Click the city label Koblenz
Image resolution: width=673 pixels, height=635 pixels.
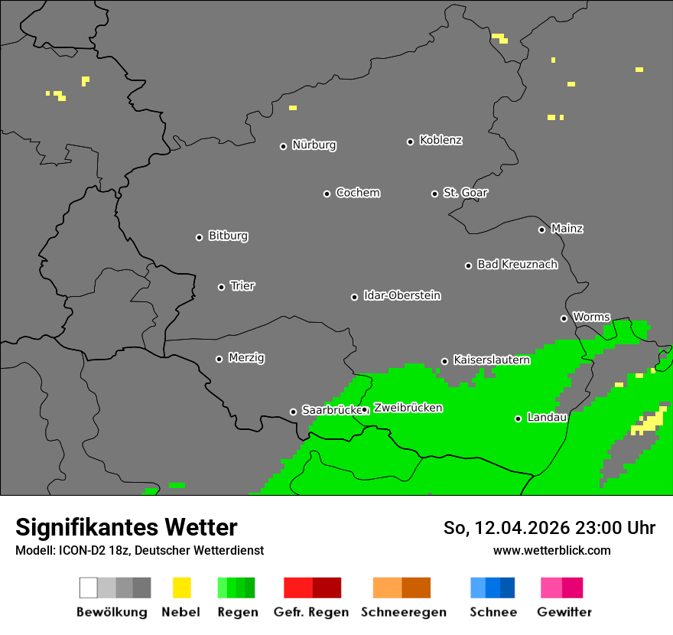tap(441, 140)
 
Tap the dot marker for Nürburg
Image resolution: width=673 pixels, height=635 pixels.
tap(283, 146)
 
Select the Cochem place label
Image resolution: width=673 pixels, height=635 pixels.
tap(358, 193)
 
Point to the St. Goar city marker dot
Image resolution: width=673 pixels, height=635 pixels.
tap(434, 194)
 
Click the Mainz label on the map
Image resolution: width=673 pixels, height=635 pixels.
tap(567, 229)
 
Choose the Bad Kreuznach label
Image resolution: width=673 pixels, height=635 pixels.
tap(517, 265)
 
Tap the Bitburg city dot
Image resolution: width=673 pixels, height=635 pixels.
tap(199, 237)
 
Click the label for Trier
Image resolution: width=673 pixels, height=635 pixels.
tap(242, 286)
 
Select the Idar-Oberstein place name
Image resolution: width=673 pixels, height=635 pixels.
tap(402, 296)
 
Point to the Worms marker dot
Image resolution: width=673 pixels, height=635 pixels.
tap(564, 318)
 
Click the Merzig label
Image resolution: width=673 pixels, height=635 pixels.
tap(246, 358)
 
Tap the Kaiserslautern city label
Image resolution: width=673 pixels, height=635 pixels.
tap(491, 360)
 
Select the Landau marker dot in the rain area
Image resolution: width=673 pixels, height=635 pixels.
tap(518, 418)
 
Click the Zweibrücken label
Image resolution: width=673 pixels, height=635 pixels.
tap(408, 409)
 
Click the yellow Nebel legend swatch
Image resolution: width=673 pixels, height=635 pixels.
tap(181, 588)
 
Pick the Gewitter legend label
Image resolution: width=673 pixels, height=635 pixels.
tap(564, 612)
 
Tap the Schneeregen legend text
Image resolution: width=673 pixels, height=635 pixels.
tap(403, 612)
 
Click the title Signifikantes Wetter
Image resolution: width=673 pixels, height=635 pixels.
tap(126, 527)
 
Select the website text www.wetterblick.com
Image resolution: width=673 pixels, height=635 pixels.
tap(551, 550)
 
